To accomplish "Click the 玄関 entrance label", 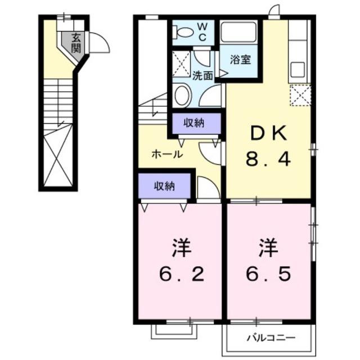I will [75, 43].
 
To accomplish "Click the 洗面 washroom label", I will [202, 75].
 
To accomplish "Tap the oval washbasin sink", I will [182, 95].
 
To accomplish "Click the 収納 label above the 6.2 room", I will [164, 185].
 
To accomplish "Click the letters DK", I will [268, 134].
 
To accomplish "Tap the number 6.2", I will [179, 275].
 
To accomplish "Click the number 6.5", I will [268, 275].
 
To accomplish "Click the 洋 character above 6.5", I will [268, 247].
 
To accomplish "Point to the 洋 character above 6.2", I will [179, 247].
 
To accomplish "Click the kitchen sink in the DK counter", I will [298, 69].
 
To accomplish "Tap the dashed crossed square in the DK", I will [300, 94].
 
